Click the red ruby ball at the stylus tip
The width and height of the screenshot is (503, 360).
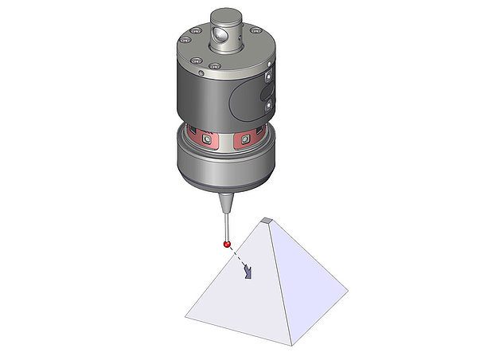click(x=227, y=243)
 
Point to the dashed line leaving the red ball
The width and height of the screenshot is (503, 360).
click(x=237, y=256)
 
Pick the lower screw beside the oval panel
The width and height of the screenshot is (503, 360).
click(x=269, y=104)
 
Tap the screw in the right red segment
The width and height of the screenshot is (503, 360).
click(x=248, y=140)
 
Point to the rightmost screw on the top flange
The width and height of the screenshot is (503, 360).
click(x=255, y=31)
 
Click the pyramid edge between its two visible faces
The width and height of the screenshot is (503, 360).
click(x=280, y=287)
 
